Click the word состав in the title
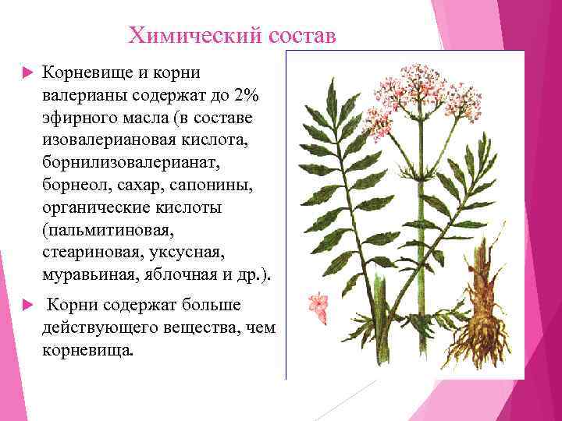coord(302,35)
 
